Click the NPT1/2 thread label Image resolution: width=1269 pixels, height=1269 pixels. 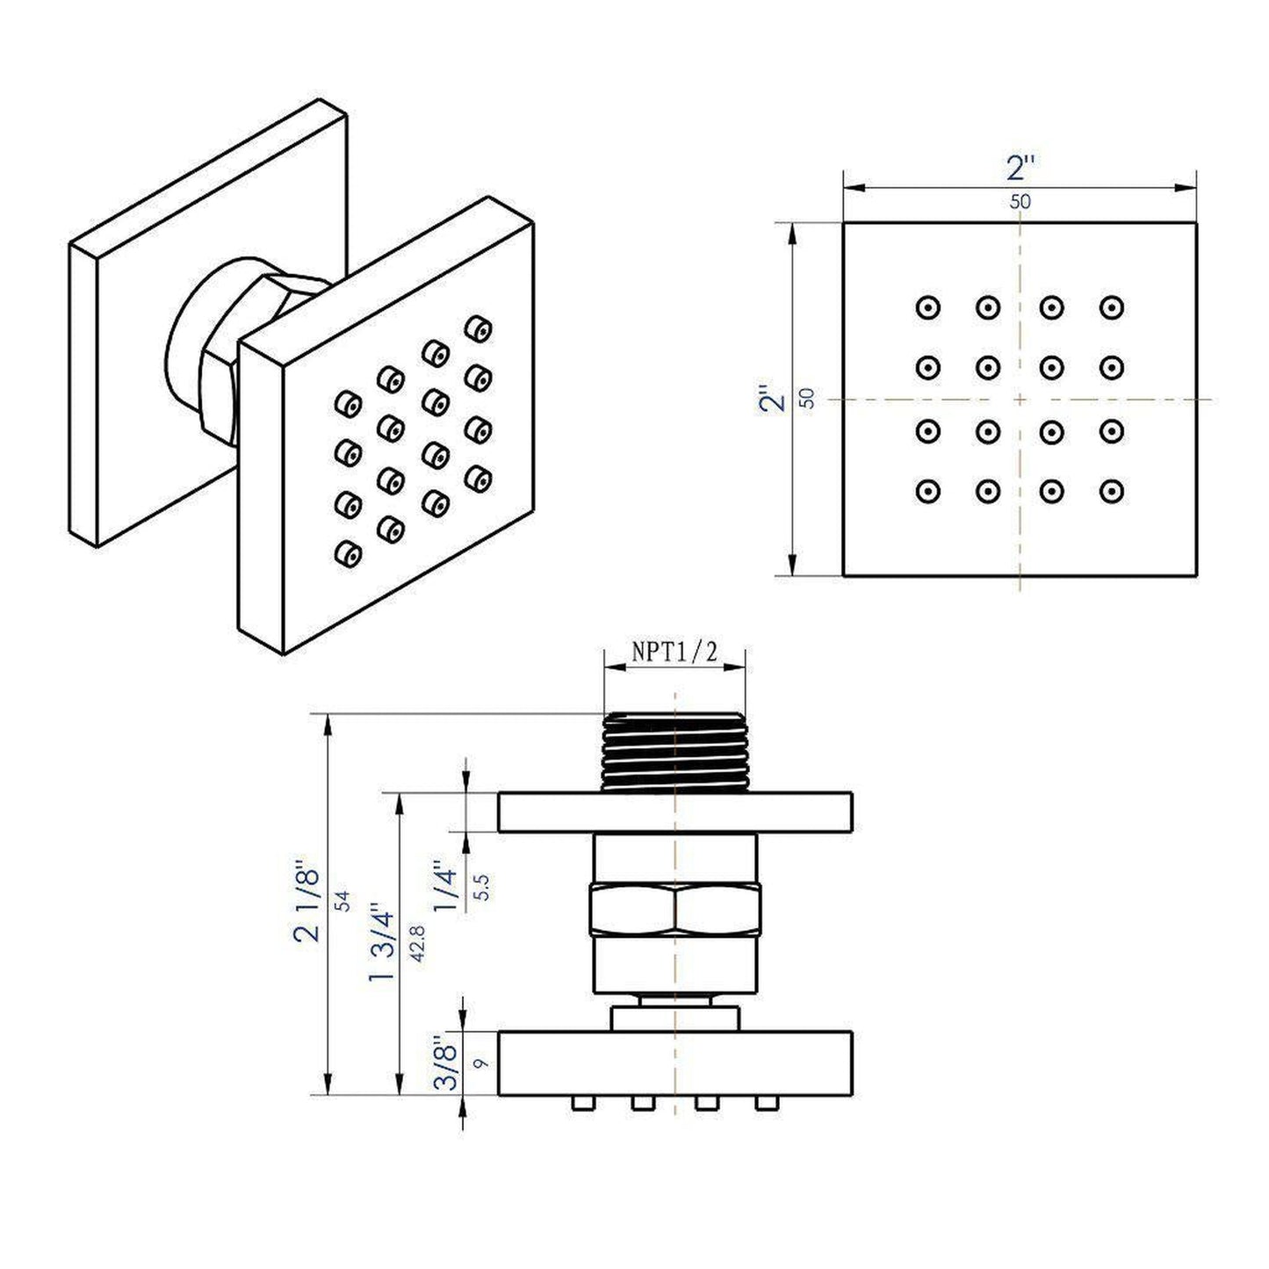tap(674, 653)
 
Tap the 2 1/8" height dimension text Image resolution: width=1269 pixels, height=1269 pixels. tap(308, 905)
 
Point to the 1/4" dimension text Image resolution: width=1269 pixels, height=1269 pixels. tap(448, 889)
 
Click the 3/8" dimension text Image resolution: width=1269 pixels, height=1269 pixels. tap(449, 1064)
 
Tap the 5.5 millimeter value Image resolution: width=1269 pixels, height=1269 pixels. tap(481, 887)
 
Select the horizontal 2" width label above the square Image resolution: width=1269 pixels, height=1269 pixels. tap(1020, 168)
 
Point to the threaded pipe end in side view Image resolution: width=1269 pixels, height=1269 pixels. tap(674, 752)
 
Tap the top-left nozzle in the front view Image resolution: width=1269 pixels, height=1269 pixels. tap(927, 308)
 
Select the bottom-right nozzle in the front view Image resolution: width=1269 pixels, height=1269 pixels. tap(1112, 490)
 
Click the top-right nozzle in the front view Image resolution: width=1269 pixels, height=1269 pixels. tap(1112, 308)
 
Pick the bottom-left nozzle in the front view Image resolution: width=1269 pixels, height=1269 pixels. tap(927, 490)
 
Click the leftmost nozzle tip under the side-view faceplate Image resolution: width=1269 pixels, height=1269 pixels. tap(579, 1102)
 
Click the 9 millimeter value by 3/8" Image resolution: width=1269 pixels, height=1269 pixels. tap(479, 1064)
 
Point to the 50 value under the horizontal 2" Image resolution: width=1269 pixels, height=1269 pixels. tap(1020, 201)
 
